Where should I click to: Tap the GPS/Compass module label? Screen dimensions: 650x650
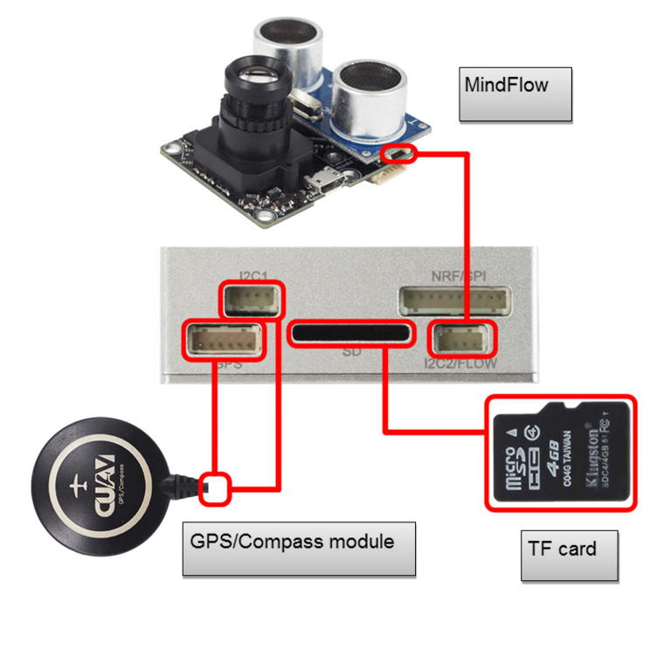(298, 548)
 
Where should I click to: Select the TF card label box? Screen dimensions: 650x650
(569, 555)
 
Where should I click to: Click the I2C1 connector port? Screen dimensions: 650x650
(252, 301)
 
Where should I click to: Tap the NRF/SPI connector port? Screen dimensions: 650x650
(454, 301)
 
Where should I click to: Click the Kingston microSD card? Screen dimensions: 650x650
(560, 453)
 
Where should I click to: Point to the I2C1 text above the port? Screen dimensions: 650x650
(253, 273)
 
